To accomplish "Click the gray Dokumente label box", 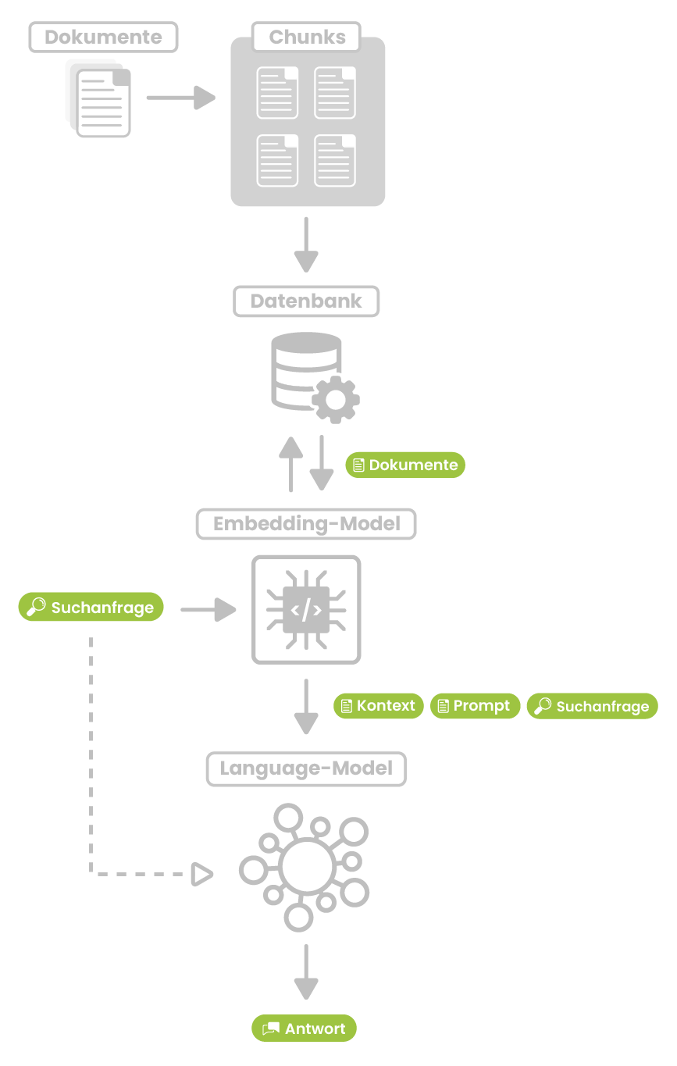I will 103,37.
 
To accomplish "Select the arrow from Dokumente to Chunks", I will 180,98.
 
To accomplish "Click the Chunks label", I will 306,37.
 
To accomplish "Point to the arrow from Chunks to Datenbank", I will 305,244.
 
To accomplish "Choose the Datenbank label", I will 306,301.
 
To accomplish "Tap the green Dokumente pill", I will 405,465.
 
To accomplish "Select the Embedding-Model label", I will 306,523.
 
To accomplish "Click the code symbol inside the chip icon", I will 306,609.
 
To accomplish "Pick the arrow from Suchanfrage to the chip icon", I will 208,609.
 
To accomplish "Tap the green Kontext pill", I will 379,706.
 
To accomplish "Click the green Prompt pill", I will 475,706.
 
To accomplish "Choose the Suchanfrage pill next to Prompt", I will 593,707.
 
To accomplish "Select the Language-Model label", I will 306,768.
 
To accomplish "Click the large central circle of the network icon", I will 305,866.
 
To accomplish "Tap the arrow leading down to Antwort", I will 305,971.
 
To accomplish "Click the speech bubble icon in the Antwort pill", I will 271,1029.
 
